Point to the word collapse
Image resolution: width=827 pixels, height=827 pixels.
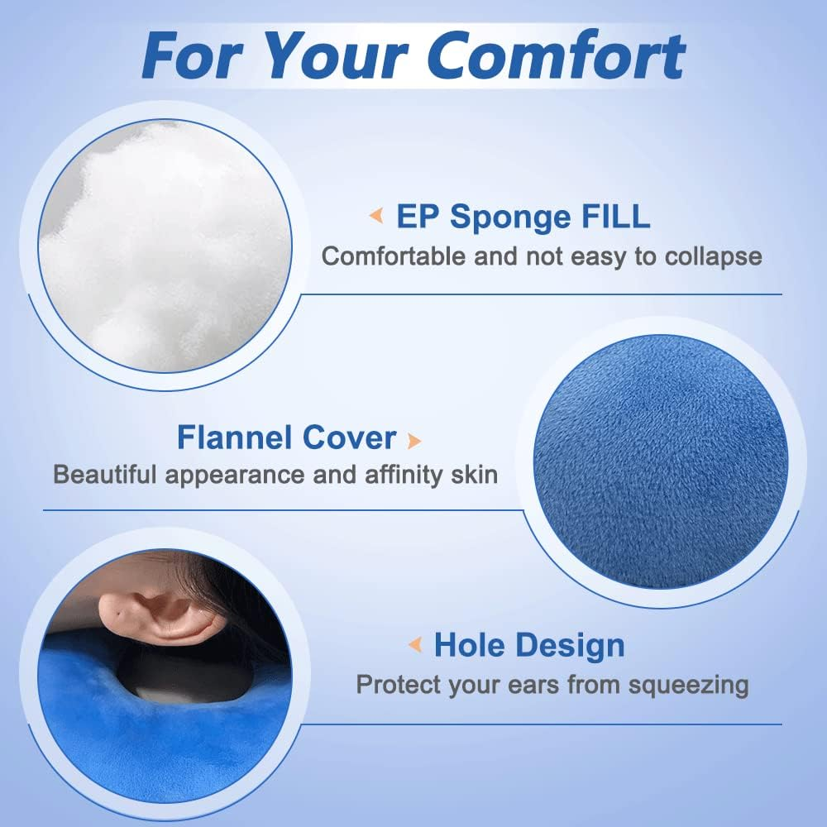point(709,256)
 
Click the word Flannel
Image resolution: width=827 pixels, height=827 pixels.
point(232,437)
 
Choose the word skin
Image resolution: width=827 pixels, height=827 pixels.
point(474,475)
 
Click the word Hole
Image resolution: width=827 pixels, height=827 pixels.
point(470,645)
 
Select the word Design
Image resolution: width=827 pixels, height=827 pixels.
point(570,645)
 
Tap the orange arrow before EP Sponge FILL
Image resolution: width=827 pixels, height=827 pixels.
point(376,218)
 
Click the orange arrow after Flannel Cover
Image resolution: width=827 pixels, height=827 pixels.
point(414,439)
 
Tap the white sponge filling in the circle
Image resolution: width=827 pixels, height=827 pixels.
point(165,248)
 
